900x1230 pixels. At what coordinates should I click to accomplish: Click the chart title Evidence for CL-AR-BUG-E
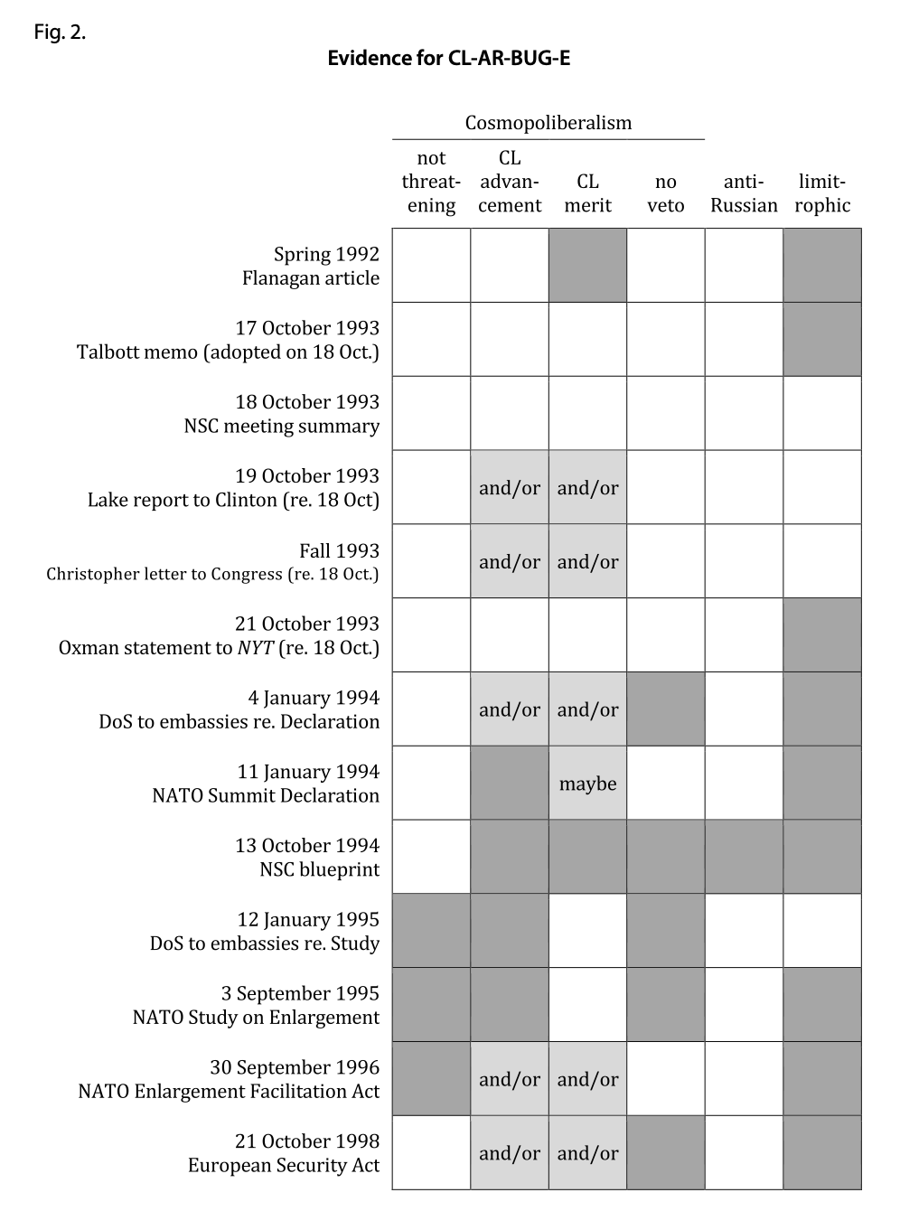coord(448,59)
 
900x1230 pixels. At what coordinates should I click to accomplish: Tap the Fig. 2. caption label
coord(60,33)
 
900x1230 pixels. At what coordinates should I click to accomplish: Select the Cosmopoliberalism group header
coord(548,123)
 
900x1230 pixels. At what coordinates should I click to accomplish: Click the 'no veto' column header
coord(665,193)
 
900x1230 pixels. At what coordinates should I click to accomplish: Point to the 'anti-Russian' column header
coord(744,193)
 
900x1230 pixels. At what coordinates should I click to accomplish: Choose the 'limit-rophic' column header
coord(822,193)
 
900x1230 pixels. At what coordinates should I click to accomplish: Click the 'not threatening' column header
coord(431,182)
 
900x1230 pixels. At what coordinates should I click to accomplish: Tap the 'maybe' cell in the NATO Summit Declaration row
coord(587,784)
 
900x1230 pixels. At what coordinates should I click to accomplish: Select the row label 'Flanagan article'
coord(310,278)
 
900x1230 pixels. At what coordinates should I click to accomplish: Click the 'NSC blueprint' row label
coord(319,869)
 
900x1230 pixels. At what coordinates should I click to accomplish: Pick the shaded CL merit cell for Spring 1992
coord(587,266)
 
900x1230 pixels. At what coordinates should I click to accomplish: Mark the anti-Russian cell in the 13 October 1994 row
coord(744,857)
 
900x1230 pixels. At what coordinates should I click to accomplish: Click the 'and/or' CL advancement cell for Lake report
coord(510,488)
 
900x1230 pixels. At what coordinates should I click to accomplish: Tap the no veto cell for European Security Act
coord(665,1152)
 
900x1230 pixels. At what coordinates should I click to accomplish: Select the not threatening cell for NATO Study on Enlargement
coord(431,1004)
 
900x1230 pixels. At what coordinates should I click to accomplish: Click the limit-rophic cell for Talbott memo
coord(822,340)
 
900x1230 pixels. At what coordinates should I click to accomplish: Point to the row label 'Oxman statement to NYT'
coord(219,648)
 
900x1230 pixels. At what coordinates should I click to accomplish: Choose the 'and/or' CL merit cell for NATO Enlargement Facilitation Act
coord(587,1078)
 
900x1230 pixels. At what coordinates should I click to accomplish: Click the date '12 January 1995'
coord(308,919)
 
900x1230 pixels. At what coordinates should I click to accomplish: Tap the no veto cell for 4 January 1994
coord(665,709)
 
